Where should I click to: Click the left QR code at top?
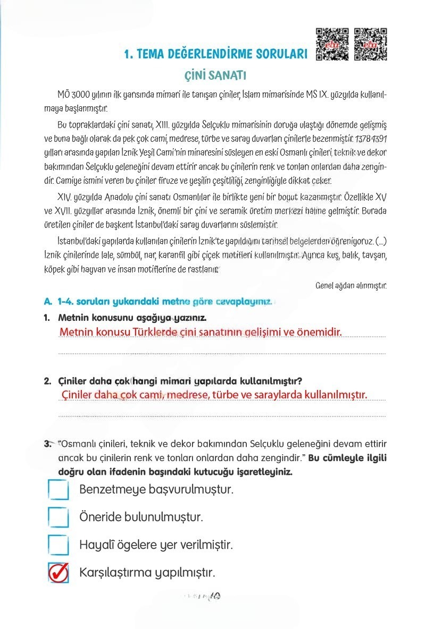pyautogui.click(x=332, y=44)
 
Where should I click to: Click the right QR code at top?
pyautogui.click(x=370, y=44)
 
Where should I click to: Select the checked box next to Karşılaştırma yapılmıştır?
pyautogui.click(x=58, y=572)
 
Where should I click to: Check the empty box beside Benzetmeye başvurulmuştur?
pyautogui.click(x=58, y=490)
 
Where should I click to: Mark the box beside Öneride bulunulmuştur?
pyautogui.click(x=58, y=517)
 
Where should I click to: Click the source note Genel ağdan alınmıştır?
pyautogui.click(x=351, y=285)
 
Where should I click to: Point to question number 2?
pyautogui.click(x=47, y=381)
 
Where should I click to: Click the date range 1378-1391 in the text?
pyautogui.click(x=370, y=139)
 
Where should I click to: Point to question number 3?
pyautogui.click(x=47, y=444)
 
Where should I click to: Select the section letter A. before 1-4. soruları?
pyautogui.click(x=48, y=301)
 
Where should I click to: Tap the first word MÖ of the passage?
pyautogui.click(x=63, y=95)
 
